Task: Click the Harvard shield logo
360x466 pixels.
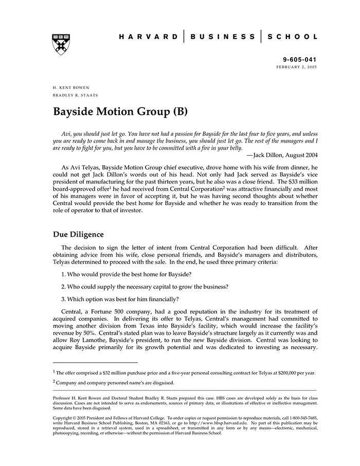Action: click(x=61, y=45)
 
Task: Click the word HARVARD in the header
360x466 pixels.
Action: click(x=149, y=37)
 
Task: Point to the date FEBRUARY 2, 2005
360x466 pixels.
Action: click(x=297, y=67)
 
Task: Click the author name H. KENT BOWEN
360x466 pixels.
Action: click(x=71, y=88)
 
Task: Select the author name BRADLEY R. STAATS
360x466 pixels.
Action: click(x=75, y=96)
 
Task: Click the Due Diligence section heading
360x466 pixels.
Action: click(x=78, y=235)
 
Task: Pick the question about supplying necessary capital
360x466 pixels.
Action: click(x=145, y=286)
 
